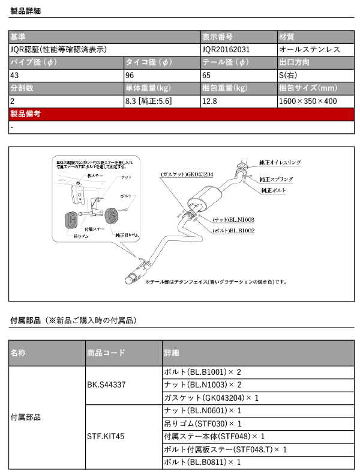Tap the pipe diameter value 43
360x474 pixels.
[x=14, y=76]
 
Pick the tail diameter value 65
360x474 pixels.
[x=206, y=76]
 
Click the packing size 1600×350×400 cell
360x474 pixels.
[x=308, y=102]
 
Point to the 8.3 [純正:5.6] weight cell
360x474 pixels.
[x=148, y=102]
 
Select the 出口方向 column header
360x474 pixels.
[x=295, y=62]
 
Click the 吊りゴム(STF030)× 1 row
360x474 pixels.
[x=202, y=424]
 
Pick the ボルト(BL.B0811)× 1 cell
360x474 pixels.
[x=202, y=462]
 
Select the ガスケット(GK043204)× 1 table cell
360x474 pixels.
[x=211, y=398]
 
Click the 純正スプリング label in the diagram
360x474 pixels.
[x=277, y=179]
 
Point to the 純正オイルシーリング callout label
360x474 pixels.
[x=280, y=162]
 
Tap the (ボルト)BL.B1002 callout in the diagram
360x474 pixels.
[x=233, y=229]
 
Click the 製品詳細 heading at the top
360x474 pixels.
[x=26, y=11]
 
